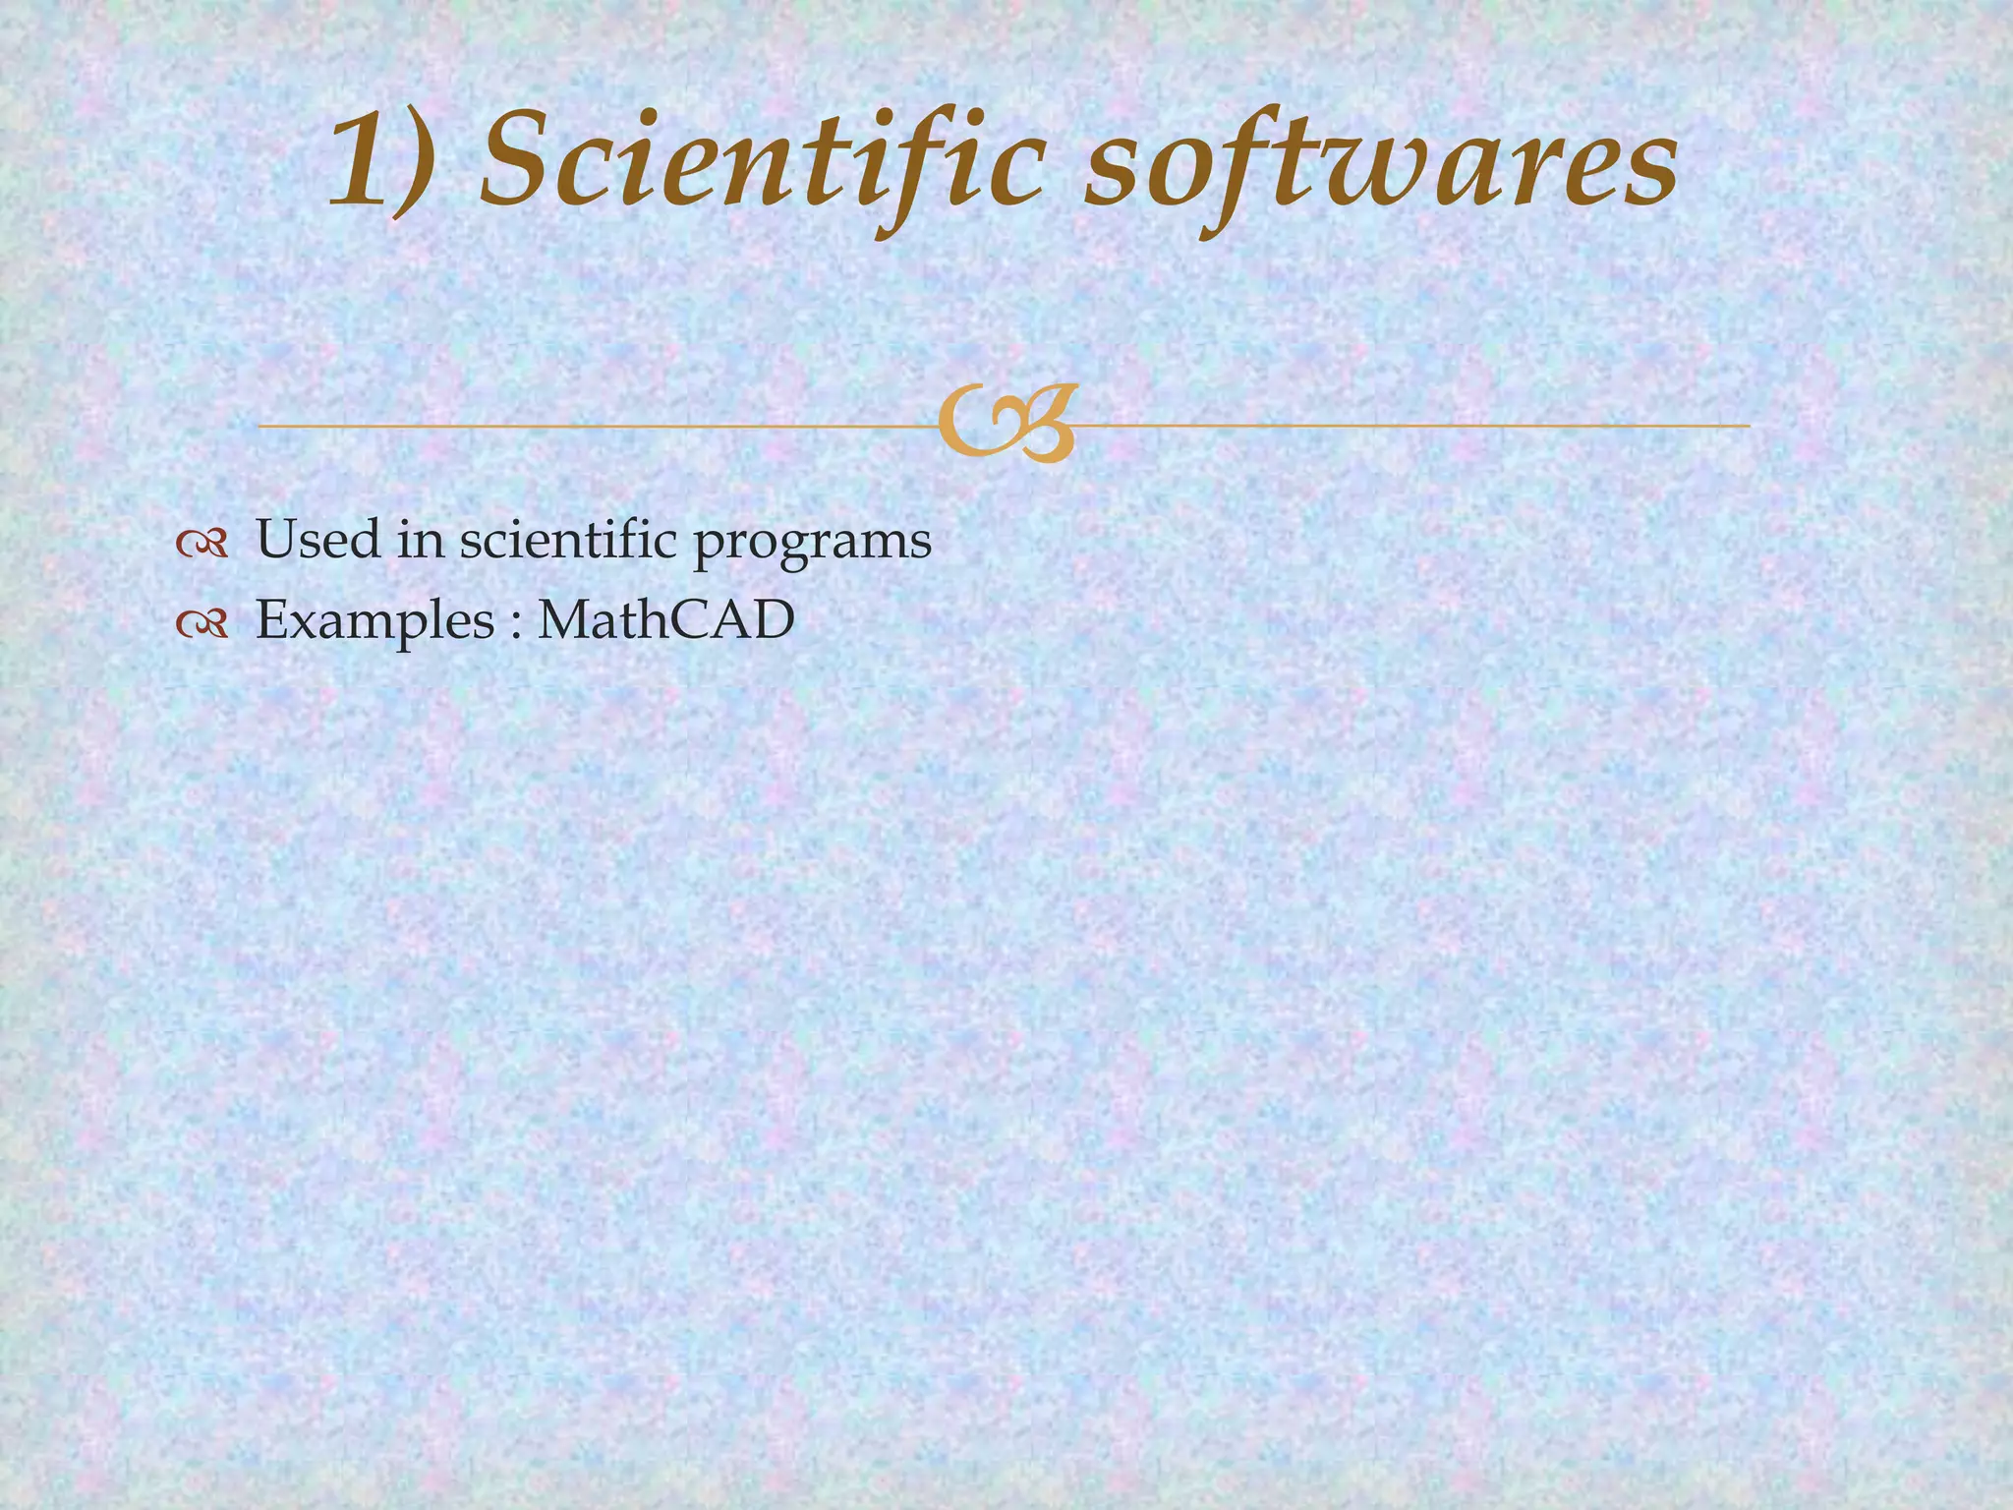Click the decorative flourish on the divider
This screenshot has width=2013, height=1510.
point(1006,425)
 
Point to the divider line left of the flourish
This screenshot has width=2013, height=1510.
point(590,426)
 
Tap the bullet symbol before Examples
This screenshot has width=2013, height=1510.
point(201,622)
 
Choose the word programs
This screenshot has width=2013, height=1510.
point(813,544)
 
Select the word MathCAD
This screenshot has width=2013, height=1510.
point(665,620)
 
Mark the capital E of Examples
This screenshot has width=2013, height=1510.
point(272,620)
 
